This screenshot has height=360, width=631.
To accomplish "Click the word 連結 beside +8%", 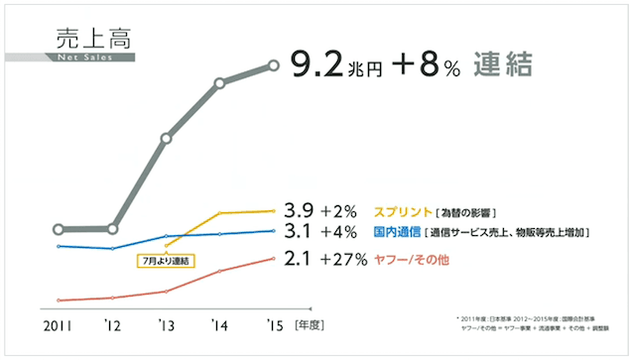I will tap(502, 65).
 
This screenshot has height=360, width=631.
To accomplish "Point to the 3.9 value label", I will tap(299, 210).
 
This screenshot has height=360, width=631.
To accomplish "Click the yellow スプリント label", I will tap(402, 211).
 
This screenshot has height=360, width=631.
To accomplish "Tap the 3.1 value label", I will tap(299, 233).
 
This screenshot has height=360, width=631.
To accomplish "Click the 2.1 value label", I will tap(299, 259).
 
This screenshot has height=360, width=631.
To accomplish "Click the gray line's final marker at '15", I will tap(274, 65).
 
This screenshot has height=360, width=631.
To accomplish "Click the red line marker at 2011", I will tap(60, 300).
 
